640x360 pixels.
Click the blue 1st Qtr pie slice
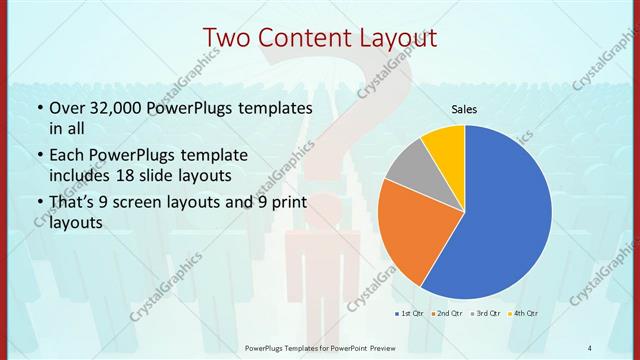[505, 215]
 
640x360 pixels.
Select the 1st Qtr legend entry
[409, 314]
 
